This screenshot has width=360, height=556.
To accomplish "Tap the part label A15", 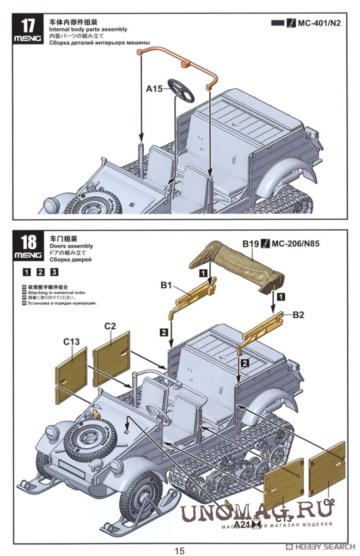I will (154, 88).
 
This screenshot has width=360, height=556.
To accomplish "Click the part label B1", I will (166, 285).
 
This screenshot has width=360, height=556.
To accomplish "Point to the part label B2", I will (299, 315).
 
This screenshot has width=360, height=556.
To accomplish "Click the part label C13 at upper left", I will (71, 342).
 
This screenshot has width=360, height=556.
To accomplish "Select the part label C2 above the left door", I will (111, 326).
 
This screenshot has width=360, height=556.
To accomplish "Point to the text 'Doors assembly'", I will (71, 246).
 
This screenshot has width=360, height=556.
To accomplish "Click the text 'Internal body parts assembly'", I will (88, 29).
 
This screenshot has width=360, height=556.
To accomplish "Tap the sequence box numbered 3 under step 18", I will (54, 272).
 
